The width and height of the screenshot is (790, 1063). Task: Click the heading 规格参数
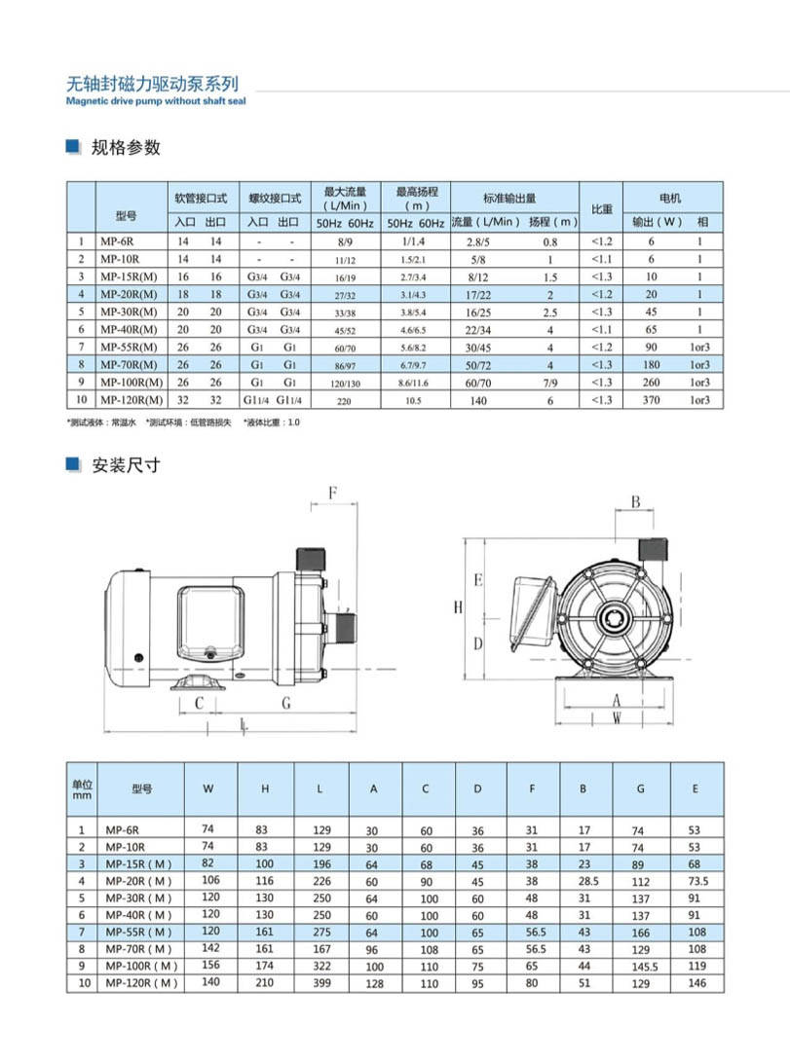(126, 148)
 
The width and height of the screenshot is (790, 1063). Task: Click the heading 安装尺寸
(126, 465)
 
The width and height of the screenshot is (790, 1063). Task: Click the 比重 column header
(601, 208)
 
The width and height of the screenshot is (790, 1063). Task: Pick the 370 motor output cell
(652, 400)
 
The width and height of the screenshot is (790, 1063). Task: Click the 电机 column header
(670, 198)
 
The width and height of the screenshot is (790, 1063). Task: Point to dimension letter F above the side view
(332, 493)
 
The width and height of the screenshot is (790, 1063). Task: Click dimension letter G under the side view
(285, 703)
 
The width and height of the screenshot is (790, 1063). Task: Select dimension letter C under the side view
(199, 703)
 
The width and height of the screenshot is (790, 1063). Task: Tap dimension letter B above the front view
(635, 502)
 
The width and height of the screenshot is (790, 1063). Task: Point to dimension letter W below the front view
(617, 717)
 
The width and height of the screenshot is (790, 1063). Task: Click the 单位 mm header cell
(82, 788)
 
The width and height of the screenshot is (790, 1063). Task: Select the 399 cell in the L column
(320, 984)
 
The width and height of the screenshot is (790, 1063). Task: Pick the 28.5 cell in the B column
(583, 882)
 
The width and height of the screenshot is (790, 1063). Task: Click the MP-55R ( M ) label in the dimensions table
(137, 933)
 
